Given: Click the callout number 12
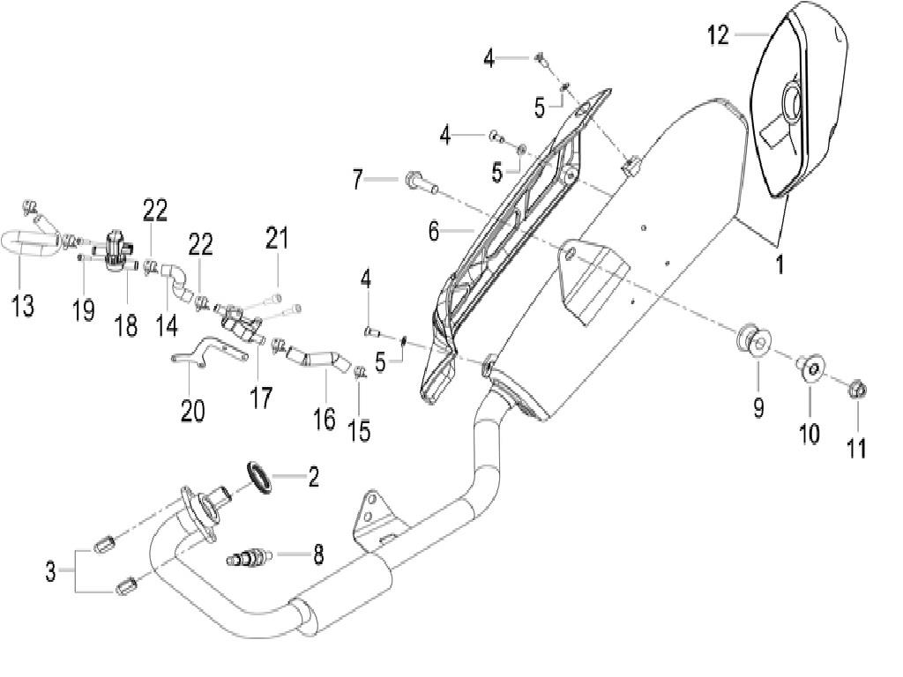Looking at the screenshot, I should tap(718, 35).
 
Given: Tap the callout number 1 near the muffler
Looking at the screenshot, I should tap(780, 264).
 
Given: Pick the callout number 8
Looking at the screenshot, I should tap(317, 554).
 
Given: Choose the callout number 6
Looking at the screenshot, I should tap(434, 232).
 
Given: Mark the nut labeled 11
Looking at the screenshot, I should tap(855, 389).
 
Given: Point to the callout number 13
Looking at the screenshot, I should tap(23, 306).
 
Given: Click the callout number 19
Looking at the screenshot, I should tap(84, 310).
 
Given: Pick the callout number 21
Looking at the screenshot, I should tap(277, 238).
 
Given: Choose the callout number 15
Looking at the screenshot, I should tap(358, 430).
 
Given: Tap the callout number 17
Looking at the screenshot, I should tap(261, 398).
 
